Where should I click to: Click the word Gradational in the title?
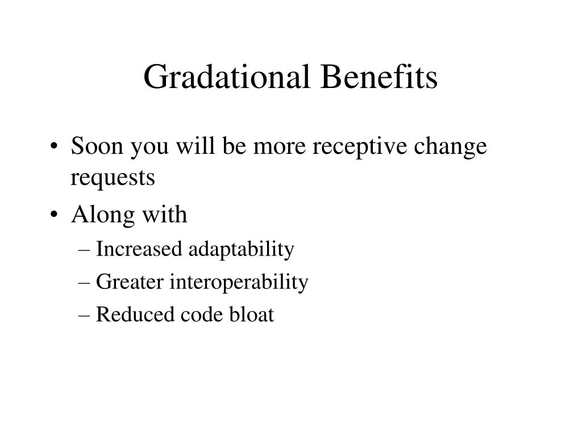(x=226, y=77)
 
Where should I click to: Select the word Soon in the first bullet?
(x=97, y=146)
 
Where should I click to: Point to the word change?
(x=450, y=147)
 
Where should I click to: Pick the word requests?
(x=113, y=178)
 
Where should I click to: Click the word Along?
(x=103, y=215)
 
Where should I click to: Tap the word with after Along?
(x=165, y=214)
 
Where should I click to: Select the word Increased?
(x=139, y=249)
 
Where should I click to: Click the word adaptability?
(x=241, y=250)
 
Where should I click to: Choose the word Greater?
(x=130, y=282)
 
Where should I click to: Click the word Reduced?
(x=135, y=315)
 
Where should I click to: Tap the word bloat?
(x=252, y=314)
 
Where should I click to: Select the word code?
(x=202, y=315)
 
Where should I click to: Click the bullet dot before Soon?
(x=54, y=146)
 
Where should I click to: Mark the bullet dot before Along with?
(x=54, y=214)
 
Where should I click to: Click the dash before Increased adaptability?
(x=84, y=250)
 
